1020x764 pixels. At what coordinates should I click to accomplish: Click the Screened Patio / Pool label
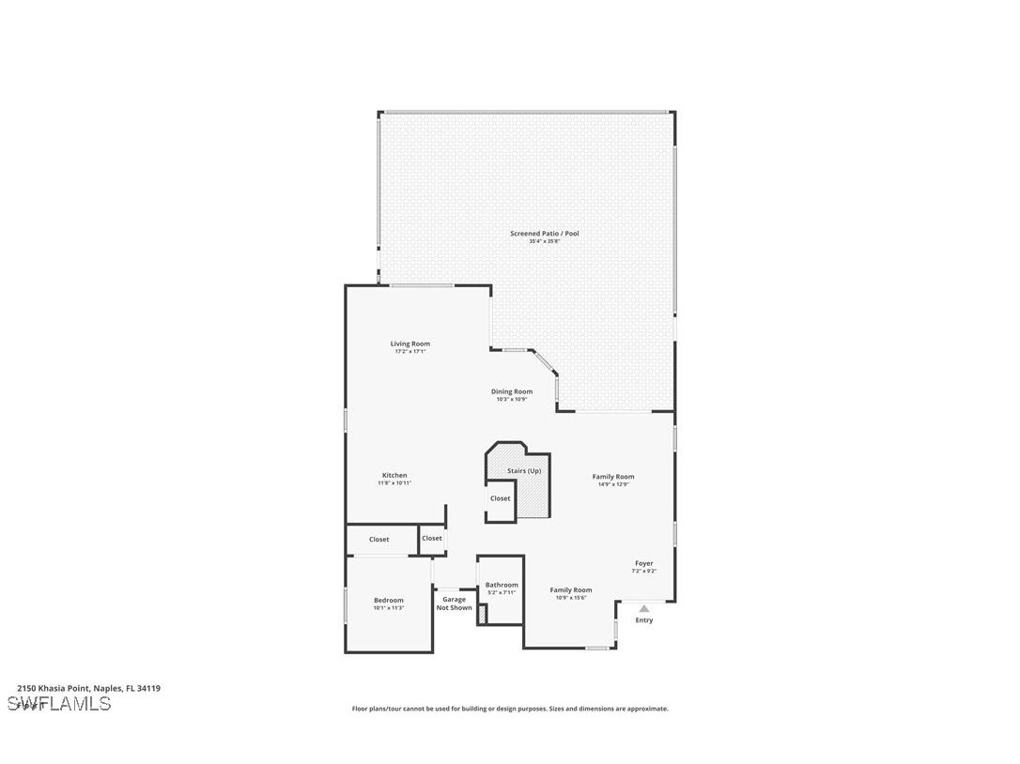point(544,233)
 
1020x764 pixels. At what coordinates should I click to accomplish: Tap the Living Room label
point(410,344)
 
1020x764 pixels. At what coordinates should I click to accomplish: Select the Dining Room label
point(512,391)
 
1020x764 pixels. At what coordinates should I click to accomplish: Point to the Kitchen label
point(394,475)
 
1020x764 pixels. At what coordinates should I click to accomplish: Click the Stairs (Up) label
point(524,470)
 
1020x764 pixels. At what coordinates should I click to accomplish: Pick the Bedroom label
point(389,600)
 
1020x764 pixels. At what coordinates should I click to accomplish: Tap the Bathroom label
point(502,585)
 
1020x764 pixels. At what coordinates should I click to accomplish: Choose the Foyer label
point(643,563)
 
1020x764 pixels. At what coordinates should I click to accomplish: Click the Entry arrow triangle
point(644,608)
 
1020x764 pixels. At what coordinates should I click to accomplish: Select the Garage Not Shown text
point(455,604)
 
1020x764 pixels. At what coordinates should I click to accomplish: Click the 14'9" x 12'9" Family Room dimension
point(613,484)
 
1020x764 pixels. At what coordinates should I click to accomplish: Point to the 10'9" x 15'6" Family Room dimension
point(571,598)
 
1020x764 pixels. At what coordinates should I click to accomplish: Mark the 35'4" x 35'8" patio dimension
point(544,241)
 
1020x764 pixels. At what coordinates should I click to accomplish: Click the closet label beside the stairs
point(501,498)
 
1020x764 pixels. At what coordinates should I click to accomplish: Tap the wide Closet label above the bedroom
point(379,540)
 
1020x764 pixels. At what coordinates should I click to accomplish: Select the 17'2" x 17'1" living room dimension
point(410,352)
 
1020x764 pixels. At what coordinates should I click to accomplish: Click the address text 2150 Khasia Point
point(88,688)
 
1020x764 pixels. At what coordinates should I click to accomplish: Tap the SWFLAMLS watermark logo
point(59,704)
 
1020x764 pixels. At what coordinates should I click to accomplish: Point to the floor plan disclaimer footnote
point(510,709)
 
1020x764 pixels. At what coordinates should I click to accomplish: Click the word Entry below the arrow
point(644,620)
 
